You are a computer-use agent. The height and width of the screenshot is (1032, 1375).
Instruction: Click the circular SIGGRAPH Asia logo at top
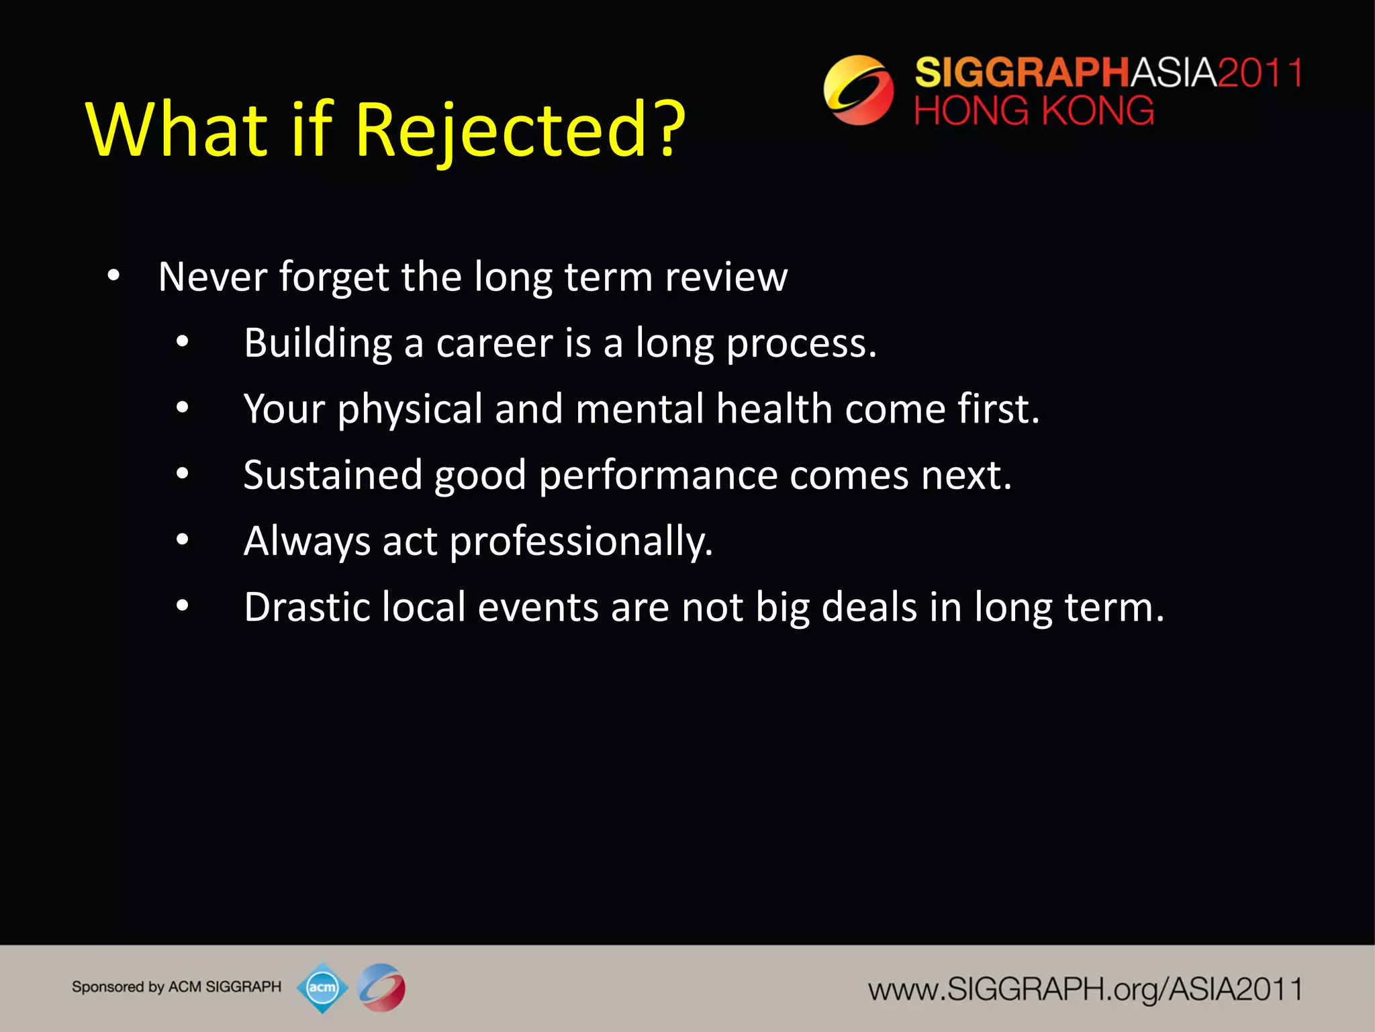858,90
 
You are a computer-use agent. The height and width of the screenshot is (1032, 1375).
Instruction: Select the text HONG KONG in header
1033,111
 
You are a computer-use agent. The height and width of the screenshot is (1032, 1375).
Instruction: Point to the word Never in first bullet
212,276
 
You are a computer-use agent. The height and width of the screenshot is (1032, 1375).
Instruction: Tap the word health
774,408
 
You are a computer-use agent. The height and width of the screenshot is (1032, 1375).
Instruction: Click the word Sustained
332,475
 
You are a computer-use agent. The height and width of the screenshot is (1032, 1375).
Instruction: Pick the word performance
658,475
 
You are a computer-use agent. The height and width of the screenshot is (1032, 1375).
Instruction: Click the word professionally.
581,541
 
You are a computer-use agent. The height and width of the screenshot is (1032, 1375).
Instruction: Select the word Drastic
307,607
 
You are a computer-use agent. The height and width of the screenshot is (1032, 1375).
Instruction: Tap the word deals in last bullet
869,607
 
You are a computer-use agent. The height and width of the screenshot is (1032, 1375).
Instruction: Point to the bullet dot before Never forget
113,275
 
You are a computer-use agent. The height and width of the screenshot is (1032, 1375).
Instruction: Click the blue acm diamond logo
322,988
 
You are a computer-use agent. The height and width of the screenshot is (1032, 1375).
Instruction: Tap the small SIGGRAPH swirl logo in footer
381,988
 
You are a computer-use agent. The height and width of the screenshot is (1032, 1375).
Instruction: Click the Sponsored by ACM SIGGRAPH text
177,987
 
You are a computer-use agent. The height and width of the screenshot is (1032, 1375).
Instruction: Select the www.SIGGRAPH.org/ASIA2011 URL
1085,989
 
